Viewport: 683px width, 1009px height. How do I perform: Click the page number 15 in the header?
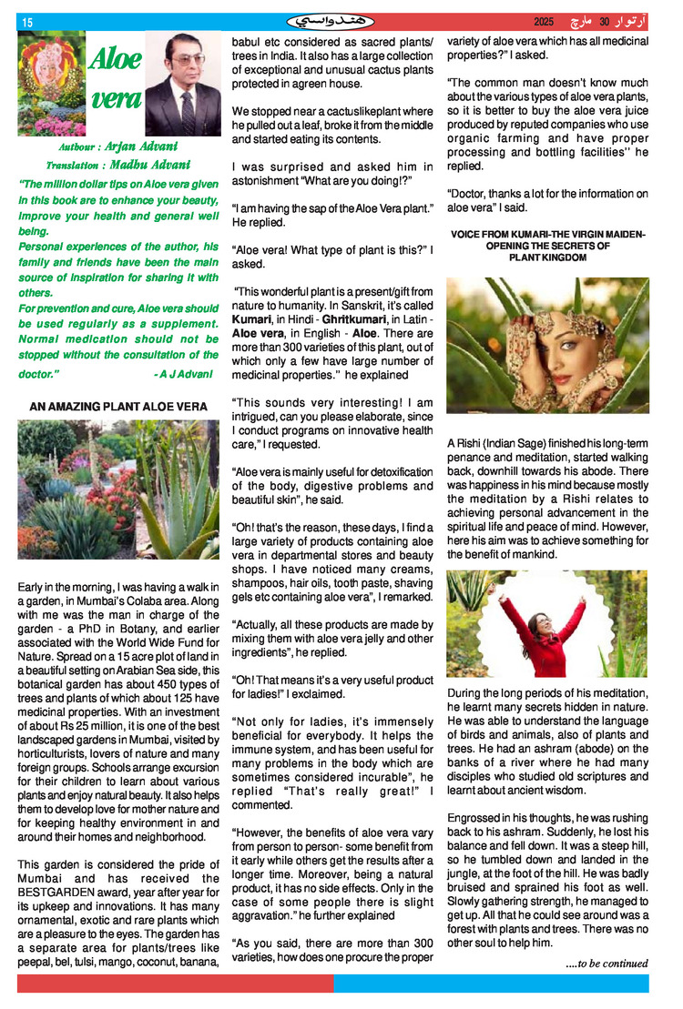[x=26, y=22]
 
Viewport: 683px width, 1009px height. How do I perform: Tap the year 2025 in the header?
[x=544, y=22]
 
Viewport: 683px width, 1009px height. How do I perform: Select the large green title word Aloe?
[x=115, y=60]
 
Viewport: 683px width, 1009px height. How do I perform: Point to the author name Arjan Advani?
[x=141, y=146]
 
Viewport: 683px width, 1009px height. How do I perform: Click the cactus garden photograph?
[x=118, y=489]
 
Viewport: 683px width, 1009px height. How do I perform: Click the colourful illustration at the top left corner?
[x=51, y=84]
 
